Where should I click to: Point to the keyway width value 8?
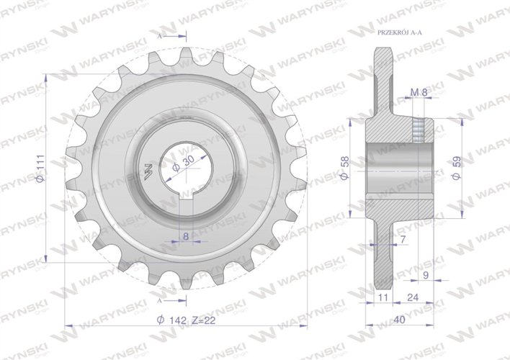[185, 235]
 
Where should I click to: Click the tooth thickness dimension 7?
[402, 238]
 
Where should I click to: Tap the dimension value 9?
[425, 274]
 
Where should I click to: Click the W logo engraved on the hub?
[148, 172]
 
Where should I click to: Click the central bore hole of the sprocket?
[184, 173]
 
